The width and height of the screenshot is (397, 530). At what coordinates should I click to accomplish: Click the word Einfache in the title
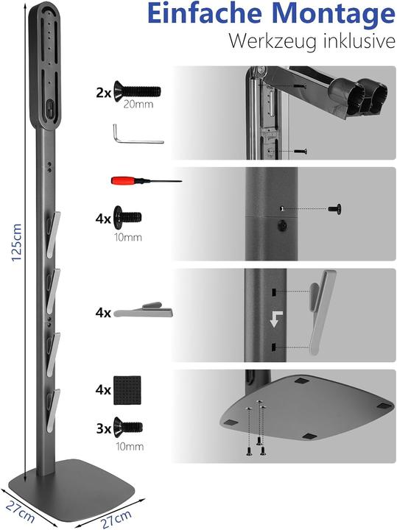pyautogui.click(x=205, y=13)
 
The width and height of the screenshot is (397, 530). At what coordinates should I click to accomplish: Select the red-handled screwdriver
pyautogui.click(x=147, y=181)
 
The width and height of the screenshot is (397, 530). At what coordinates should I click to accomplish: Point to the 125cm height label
pyautogui.click(x=16, y=242)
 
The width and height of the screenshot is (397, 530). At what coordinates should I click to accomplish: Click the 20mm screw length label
pyautogui.click(x=138, y=104)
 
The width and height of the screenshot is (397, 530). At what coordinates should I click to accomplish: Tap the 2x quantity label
pyautogui.click(x=103, y=92)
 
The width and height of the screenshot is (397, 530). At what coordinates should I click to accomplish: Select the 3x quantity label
pyautogui.click(x=103, y=428)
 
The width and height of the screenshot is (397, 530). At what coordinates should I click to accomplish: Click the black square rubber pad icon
pyautogui.click(x=127, y=390)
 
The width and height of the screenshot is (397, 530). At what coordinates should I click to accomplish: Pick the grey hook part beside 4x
pyautogui.click(x=144, y=310)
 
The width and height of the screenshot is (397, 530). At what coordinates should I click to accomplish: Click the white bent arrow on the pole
pyautogui.click(x=275, y=319)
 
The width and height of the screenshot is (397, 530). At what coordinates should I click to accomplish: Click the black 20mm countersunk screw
pyautogui.click(x=137, y=91)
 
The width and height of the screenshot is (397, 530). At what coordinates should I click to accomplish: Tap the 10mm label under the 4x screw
pyautogui.click(x=128, y=237)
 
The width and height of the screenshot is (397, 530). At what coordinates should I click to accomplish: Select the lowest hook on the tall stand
pyautogui.click(x=53, y=410)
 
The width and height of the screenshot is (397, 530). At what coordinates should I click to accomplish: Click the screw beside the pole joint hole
pyautogui.click(x=335, y=208)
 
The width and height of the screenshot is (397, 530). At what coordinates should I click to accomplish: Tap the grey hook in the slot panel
pyautogui.click(x=320, y=311)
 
